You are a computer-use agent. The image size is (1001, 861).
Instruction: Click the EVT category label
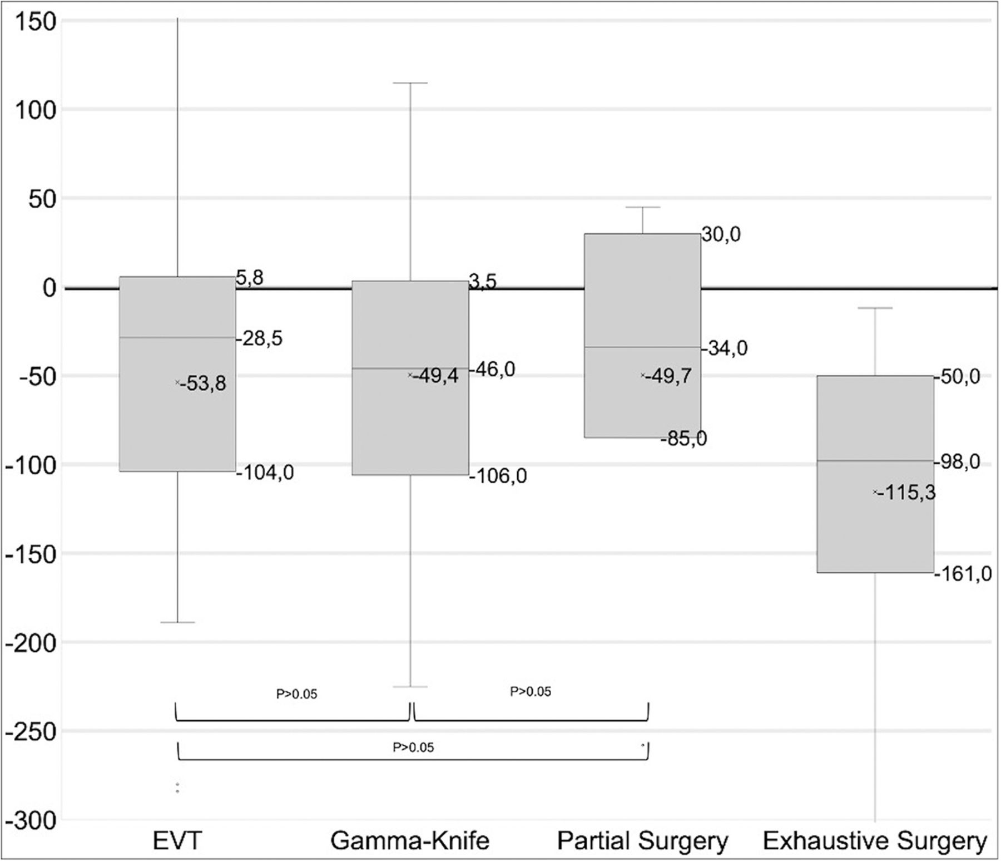point(177,840)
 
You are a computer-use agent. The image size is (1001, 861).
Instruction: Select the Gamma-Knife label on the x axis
point(410,840)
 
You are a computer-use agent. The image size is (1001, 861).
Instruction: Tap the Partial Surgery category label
point(642,840)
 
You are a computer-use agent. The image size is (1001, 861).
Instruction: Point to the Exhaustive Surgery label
point(875,840)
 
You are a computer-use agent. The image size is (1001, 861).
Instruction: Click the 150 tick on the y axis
point(34,22)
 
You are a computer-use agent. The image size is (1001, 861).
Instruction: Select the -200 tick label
point(31,643)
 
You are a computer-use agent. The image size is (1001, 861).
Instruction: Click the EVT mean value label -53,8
point(203,383)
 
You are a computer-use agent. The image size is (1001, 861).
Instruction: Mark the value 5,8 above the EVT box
point(250,278)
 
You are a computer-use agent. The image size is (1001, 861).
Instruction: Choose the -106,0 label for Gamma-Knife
point(498,476)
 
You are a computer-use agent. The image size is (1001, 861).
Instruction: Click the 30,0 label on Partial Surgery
point(721,235)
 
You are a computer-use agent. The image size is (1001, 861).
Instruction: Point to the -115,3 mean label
point(907,493)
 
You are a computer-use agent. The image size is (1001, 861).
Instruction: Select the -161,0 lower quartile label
point(963,573)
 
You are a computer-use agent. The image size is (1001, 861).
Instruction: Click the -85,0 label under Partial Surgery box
point(683,439)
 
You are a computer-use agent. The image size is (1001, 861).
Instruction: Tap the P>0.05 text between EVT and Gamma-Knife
point(296,694)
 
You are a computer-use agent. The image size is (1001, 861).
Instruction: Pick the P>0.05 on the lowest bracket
point(413,747)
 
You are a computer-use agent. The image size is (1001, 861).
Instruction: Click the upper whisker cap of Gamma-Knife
point(410,83)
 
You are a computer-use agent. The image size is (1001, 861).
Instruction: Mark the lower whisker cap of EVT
point(177,622)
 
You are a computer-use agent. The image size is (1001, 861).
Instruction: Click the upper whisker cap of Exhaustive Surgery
point(875,308)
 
